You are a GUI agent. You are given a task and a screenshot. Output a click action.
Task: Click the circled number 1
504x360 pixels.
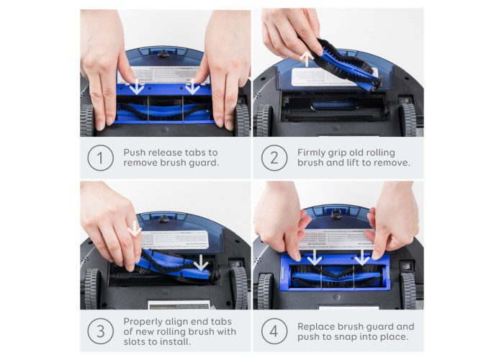tap(100, 158)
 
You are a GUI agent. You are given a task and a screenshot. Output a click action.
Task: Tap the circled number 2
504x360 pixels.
tap(274, 158)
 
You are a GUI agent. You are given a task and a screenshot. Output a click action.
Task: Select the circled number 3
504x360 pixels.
tap(100, 331)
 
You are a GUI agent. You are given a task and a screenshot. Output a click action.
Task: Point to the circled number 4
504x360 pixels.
tap(274, 331)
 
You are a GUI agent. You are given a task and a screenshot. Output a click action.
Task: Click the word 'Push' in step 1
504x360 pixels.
tap(135, 153)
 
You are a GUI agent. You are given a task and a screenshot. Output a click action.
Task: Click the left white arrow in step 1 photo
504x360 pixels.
tap(138, 86)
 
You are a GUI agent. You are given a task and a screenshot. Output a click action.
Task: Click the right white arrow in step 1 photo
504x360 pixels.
tap(192, 86)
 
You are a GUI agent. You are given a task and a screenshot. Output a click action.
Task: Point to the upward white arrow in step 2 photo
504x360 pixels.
tap(307, 59)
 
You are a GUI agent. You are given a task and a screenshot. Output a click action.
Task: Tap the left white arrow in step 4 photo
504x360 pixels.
tap(314, 257)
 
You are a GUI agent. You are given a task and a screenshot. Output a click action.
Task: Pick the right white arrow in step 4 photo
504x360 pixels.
tap(362, 257)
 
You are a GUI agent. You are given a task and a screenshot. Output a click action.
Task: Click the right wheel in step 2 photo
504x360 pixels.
tap(408, 120)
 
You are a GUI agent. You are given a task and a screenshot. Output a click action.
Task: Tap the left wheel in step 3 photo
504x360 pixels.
tap(93, 289)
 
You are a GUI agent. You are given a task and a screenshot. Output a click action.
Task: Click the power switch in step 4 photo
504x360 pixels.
tap(406, 266)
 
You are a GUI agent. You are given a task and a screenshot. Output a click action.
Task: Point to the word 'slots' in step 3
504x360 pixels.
tap(135, 342)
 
